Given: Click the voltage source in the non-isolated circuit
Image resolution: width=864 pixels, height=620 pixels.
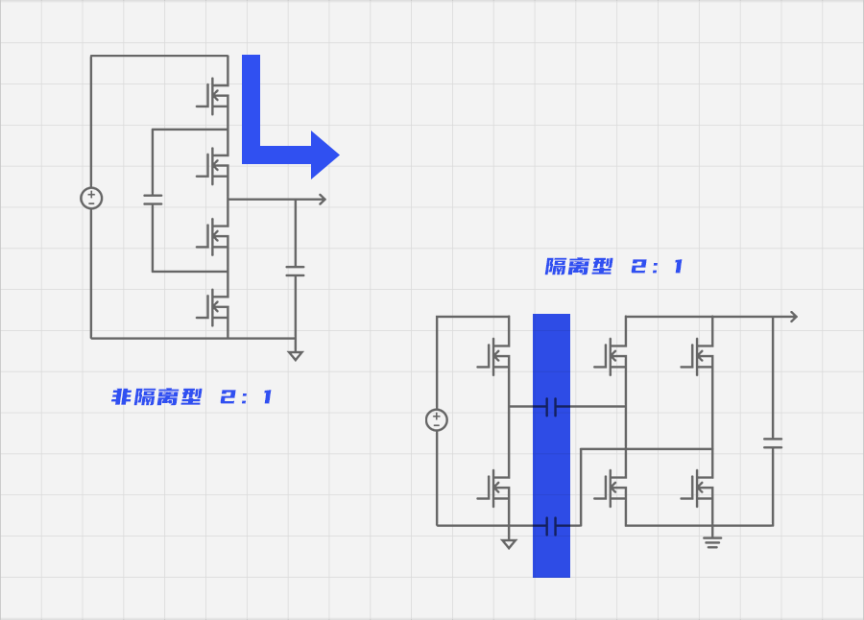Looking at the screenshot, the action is click(91, 199).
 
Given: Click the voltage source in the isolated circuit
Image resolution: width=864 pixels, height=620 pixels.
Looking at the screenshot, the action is click(437, 420).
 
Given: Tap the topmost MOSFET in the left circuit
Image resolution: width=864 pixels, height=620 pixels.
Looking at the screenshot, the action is click(214, 96).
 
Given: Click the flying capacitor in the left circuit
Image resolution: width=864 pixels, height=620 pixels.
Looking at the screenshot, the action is click(153, 200).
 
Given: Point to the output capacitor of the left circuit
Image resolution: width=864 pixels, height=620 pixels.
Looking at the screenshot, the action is click(296, 271).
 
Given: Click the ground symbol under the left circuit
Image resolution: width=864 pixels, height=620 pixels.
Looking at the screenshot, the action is click(296, 356).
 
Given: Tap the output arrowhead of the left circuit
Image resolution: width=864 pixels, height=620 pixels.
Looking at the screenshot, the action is click(323, 199).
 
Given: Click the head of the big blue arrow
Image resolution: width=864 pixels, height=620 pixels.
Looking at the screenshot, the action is click(324, 155).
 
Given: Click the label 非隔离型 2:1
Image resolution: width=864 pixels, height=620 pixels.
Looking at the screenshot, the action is click(192, 396).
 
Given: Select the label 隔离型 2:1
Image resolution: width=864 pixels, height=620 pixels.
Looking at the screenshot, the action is click(613, 267).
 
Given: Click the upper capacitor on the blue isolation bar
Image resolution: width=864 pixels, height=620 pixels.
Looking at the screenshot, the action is click(551, 407).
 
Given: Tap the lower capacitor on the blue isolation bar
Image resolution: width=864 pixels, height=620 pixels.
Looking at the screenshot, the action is click(551, 526).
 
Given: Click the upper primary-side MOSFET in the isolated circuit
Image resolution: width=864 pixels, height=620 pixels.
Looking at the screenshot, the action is click(494, 357).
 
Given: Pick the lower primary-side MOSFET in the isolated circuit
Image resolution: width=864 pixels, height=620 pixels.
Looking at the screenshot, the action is click(494, 489).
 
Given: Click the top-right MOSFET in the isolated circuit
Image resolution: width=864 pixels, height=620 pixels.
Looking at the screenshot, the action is click(698, 357).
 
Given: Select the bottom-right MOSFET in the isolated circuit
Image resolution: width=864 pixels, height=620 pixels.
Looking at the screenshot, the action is click(698, 489).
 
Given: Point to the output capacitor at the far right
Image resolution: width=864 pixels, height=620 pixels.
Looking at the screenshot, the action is click(773, 443).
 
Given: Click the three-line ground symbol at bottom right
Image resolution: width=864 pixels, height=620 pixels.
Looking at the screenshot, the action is click(712, 543).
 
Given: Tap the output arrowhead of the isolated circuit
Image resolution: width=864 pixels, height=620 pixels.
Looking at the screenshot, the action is click(794, 317).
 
